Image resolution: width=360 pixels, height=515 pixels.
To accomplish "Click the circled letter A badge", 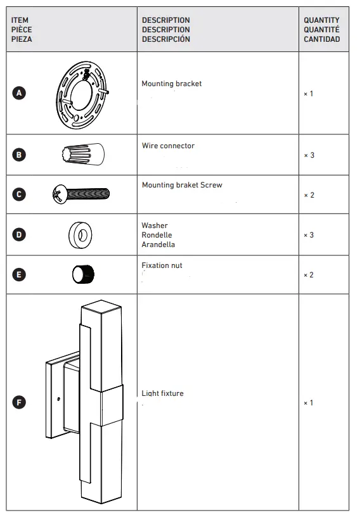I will pos(19,93).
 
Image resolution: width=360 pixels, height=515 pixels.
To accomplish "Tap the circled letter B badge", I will pos(19,155).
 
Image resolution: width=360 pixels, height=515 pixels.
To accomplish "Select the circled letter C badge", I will pos(19,194).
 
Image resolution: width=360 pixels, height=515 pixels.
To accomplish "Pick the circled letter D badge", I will pos(19,234).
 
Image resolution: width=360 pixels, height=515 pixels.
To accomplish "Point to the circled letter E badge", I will pos(19,274).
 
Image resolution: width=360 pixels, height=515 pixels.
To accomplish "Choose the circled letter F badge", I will pos(19,402).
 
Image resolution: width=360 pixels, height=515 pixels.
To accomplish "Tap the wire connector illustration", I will pos(83,154).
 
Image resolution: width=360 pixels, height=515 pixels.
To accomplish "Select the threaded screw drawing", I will pos(81,193).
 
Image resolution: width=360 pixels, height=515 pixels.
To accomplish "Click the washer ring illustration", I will pos(80,234).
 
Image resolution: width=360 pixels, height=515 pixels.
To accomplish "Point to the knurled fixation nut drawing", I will pos(82,274).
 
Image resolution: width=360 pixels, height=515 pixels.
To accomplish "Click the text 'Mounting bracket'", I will pos(171,84).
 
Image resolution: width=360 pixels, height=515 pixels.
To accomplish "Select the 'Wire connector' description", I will pos(168,146).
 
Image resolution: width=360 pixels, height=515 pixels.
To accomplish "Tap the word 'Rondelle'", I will pos(157,235).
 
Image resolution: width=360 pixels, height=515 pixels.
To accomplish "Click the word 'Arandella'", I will pos(158,245).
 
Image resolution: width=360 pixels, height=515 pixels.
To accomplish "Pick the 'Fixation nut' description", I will pos(162,265).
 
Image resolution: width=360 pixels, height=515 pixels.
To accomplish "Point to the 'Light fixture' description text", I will pos(162,393).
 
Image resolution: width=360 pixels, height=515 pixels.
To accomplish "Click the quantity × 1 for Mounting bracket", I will pos(309,94).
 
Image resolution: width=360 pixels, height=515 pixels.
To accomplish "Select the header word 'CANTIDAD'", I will pos(321,39).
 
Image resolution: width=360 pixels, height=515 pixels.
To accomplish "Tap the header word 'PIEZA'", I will pos(22,39).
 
